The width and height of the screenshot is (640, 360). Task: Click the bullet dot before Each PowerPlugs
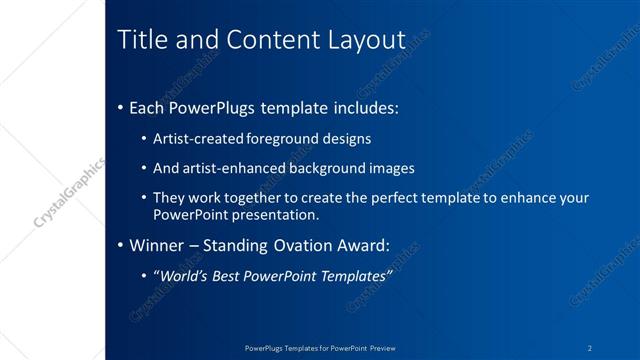click(121, 105)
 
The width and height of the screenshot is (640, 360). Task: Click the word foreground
click(286, 138)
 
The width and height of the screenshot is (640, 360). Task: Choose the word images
click(390, 168)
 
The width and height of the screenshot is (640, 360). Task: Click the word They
click(168, 198)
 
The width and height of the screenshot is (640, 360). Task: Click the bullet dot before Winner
click(121, 245)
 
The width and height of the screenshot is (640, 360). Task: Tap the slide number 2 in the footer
click(591, 348)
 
